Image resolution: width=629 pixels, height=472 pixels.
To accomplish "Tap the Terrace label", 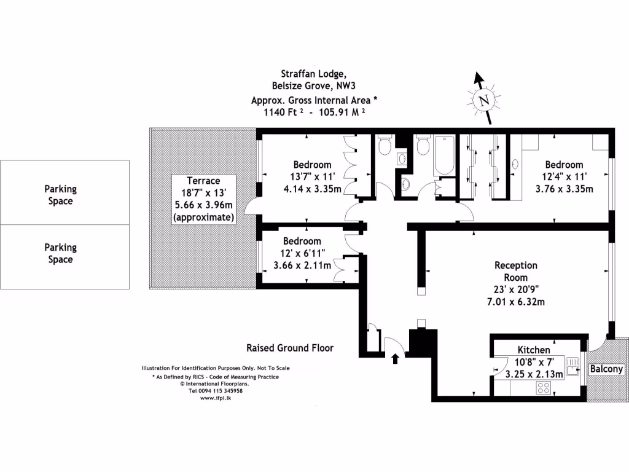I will coord(203,181).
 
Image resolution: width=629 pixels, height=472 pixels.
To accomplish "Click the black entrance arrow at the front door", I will coord(395,358).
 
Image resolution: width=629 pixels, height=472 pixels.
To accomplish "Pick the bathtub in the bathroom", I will coord(443,157).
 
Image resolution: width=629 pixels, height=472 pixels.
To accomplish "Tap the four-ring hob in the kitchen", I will coord(544,388).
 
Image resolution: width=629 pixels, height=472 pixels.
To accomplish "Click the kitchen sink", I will coord(573,366).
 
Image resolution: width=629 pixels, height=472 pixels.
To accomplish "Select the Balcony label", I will coord(607,369).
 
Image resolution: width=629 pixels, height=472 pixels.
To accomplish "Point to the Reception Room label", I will coord(516,271).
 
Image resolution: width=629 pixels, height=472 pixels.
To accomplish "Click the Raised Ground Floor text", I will coord(290,348).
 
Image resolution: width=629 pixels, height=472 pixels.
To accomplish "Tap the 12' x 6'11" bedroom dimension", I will coord(302,253).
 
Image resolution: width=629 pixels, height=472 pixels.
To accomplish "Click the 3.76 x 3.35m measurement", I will coord(565,189).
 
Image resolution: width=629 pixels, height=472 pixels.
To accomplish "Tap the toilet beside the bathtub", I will coord(422,147).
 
